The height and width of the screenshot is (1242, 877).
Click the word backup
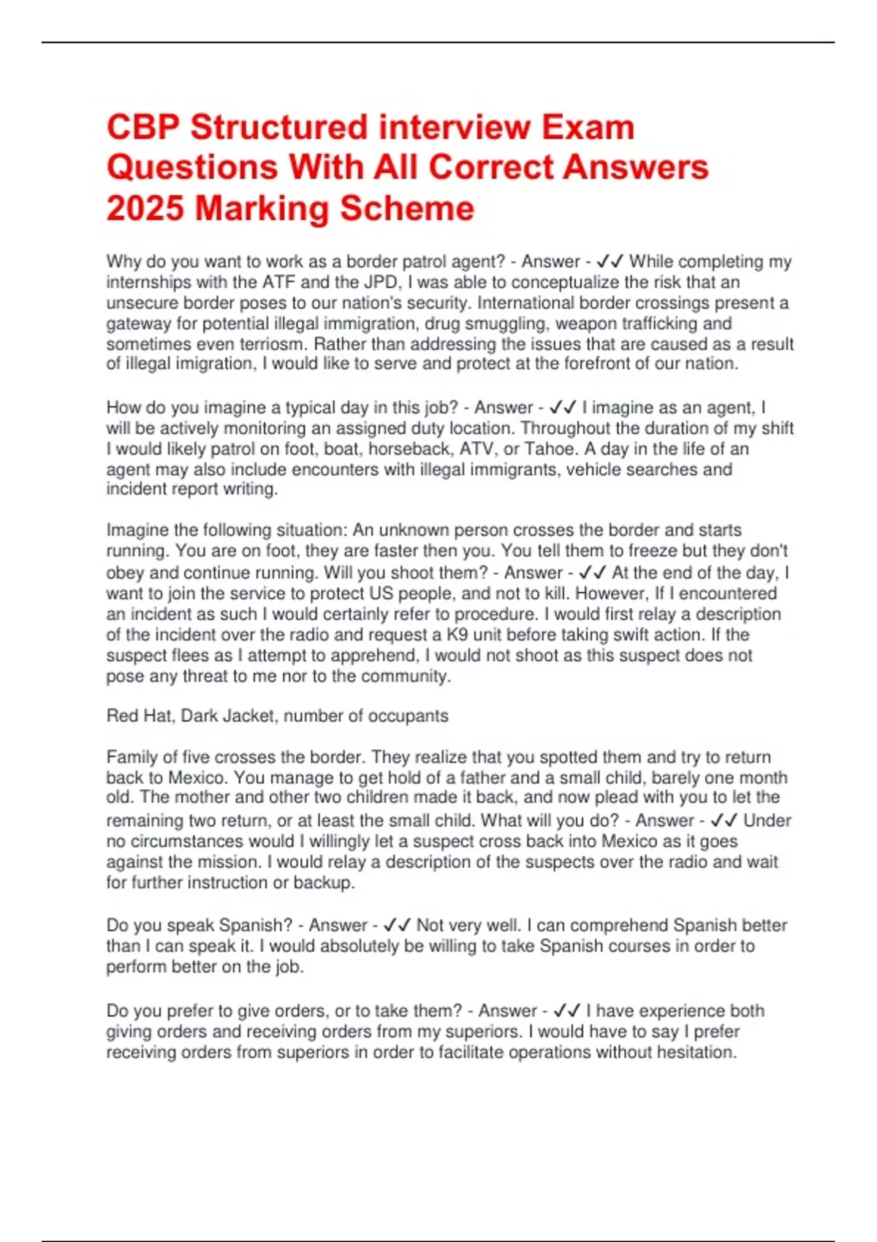[323, 883]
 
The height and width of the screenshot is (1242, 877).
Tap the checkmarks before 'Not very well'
[396, 925]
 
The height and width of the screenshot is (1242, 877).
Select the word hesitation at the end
[691, 1052]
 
